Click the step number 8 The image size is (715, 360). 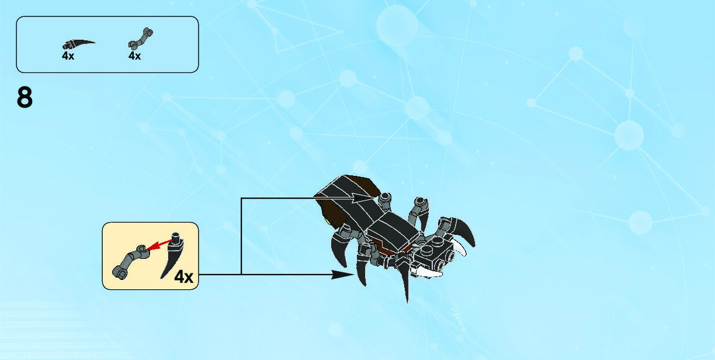[x=25, y=98]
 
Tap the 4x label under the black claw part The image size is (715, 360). [x=68, y=56]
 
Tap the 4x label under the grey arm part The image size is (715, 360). [x=134, y=56]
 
